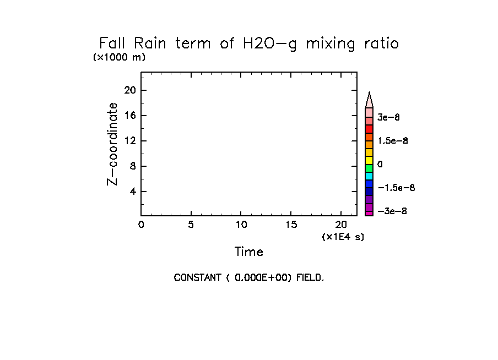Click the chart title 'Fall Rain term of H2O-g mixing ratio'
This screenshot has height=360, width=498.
[248, 43]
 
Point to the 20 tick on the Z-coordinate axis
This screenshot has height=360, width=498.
[131, 90]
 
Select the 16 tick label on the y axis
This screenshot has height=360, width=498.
[131, 116]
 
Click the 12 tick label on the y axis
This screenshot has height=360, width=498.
[131, 141]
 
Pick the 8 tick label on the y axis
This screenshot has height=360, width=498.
[133, 166]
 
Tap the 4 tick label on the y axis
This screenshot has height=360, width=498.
[133, 192]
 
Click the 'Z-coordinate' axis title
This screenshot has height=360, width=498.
[112, 144]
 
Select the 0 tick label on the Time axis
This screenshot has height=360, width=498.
[141, 224]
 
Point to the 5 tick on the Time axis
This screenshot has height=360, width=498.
[191, 224]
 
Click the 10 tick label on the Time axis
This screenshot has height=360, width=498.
[241, 224]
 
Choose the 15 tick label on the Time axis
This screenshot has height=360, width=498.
[291, 224]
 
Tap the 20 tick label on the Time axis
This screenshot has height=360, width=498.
[341, 224]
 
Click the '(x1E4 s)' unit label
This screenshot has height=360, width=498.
[343, 237]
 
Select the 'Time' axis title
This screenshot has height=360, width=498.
[249, 252]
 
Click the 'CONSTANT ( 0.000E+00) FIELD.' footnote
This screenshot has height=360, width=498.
[249, 277]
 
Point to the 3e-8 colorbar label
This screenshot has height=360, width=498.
[388, 117]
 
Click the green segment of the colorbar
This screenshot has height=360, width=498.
[369, 168]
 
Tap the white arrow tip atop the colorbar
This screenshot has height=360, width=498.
[369, 100]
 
